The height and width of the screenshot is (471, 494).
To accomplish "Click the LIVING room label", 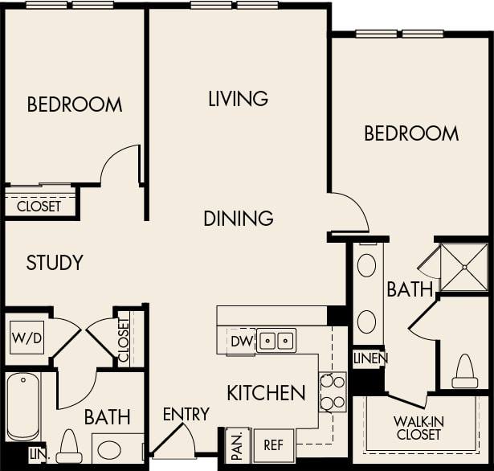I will (238, 99).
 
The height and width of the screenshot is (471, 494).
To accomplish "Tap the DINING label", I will (238, 218).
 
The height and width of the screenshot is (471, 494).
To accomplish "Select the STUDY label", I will (55, 263).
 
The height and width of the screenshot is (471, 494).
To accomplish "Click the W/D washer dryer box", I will (27, 338).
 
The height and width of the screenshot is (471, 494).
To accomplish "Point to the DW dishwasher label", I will (241, 342).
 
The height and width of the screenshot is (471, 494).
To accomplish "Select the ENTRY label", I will (186, 415).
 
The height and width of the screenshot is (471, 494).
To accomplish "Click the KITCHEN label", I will (266, 393).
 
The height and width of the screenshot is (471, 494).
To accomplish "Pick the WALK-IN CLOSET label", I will (418, 428).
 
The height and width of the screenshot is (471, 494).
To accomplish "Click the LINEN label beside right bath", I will (369, 358).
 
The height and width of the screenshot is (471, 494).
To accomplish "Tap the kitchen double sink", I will (276, 341).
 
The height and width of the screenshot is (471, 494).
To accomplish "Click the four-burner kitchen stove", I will (332, 392).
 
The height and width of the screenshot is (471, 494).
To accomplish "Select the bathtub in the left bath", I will (22, 407).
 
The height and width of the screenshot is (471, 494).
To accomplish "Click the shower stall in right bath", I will (464, 266).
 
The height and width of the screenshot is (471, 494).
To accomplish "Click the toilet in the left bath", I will (68, 444).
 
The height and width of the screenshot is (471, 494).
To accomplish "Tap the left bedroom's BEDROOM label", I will (75, 104).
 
